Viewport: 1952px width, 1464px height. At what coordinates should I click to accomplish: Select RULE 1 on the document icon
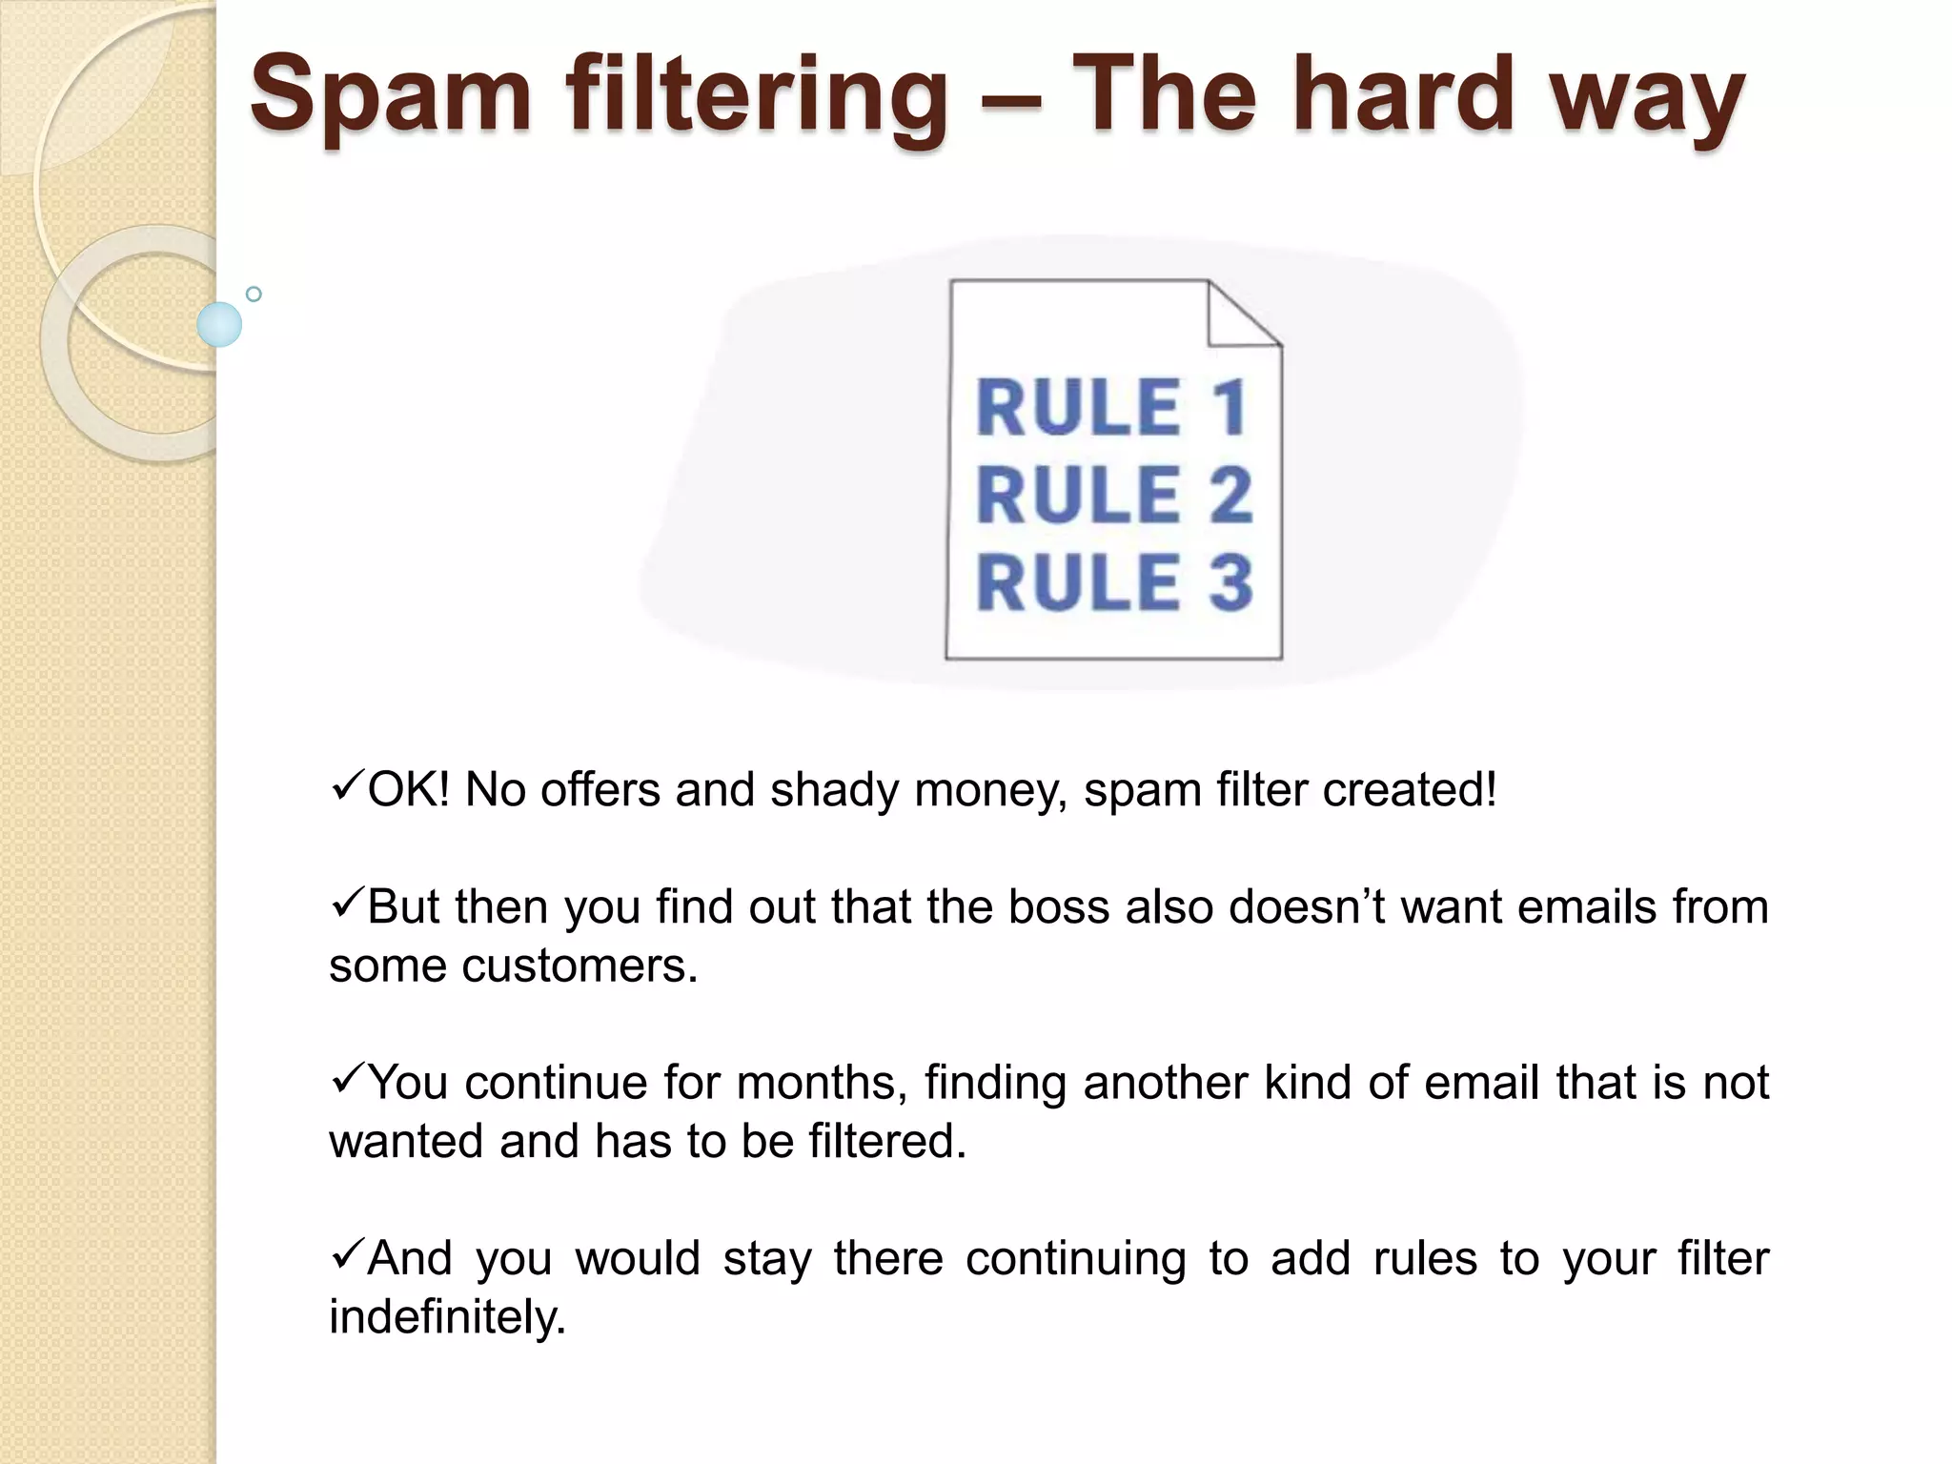click(x=1112, y=408)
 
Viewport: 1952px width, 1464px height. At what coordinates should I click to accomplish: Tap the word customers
click(x=579, y=966)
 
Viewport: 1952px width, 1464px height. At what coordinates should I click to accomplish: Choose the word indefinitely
click(x=447, y=1317)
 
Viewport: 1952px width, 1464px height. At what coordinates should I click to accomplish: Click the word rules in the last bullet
click(x=1425, y=1258)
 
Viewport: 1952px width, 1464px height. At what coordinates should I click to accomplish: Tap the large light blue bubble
click(x=219, y=324)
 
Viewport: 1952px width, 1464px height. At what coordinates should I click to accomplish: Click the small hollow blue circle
click(x=254, y=295)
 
